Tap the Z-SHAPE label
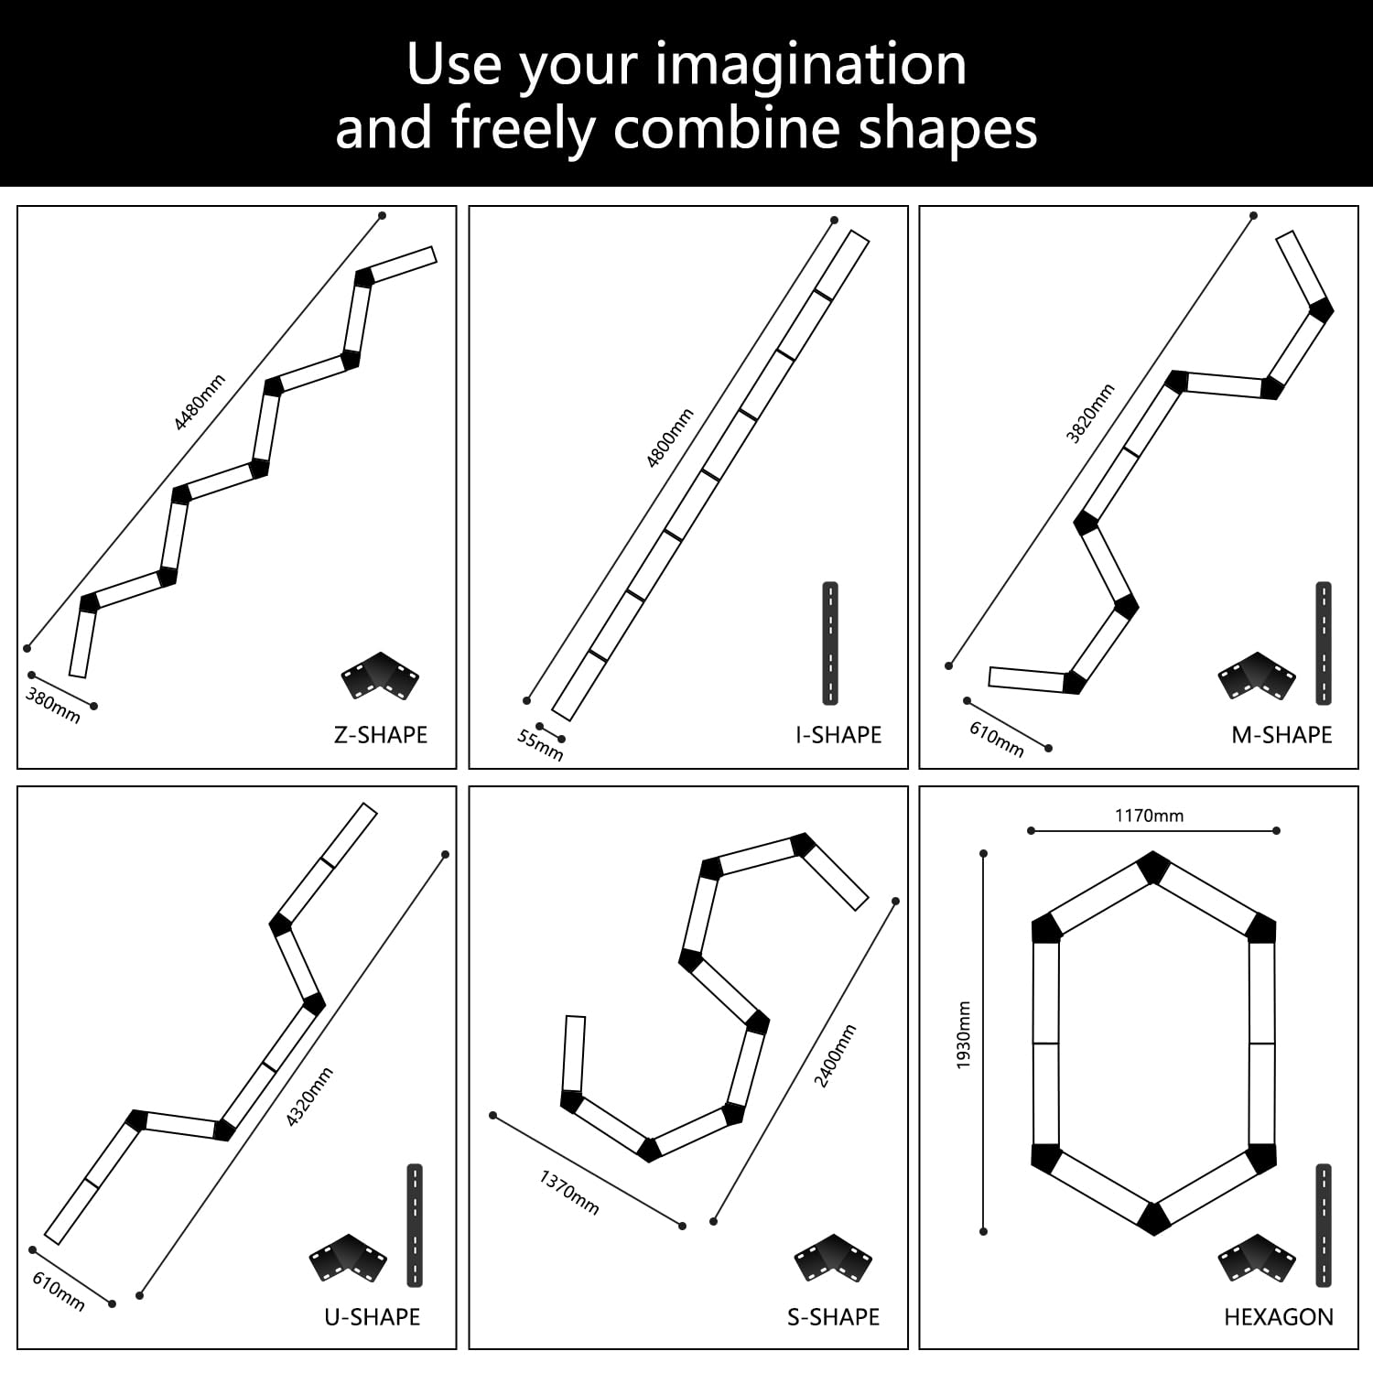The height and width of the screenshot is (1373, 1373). click(381, 735)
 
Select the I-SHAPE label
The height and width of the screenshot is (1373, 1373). click(838, 735)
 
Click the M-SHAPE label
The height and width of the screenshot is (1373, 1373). click(1281, 735)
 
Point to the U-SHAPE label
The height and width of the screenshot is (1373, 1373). click(373, 1317)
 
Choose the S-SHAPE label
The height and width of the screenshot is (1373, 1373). click(833, 1317)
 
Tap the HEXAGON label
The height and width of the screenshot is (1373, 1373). click(1279, 1317)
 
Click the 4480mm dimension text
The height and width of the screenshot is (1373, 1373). click(200, 402)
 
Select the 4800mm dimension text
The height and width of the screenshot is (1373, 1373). click(670, 438)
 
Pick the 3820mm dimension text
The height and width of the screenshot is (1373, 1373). click(1090, 414)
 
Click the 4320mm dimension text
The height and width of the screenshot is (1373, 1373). click(310, 1097)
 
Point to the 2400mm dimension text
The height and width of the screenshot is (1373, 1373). click(836, 1056)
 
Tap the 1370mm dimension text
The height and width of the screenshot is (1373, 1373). click(569, 1192)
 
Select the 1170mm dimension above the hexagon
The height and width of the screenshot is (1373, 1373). click(1149, 816)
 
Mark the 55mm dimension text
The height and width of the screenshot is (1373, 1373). click(540, 744)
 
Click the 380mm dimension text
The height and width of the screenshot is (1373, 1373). click(53, 705)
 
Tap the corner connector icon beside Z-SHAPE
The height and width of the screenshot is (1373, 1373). click(380, 677)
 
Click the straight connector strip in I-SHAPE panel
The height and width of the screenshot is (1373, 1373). click(830, 643)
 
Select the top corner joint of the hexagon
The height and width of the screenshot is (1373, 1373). click(1154, 867)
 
